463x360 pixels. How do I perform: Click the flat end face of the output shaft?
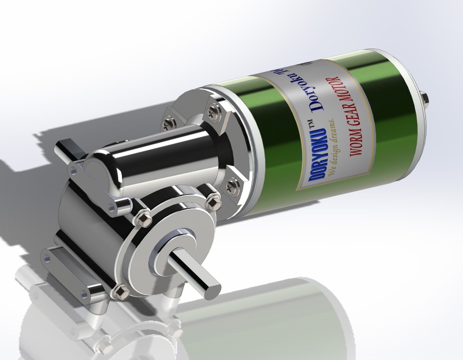point(212,290)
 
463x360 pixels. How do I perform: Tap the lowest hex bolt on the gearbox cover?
point(121,292)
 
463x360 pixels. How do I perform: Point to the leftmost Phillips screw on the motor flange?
point(167,123)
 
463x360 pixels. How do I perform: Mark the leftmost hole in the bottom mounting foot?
point(50,256)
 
